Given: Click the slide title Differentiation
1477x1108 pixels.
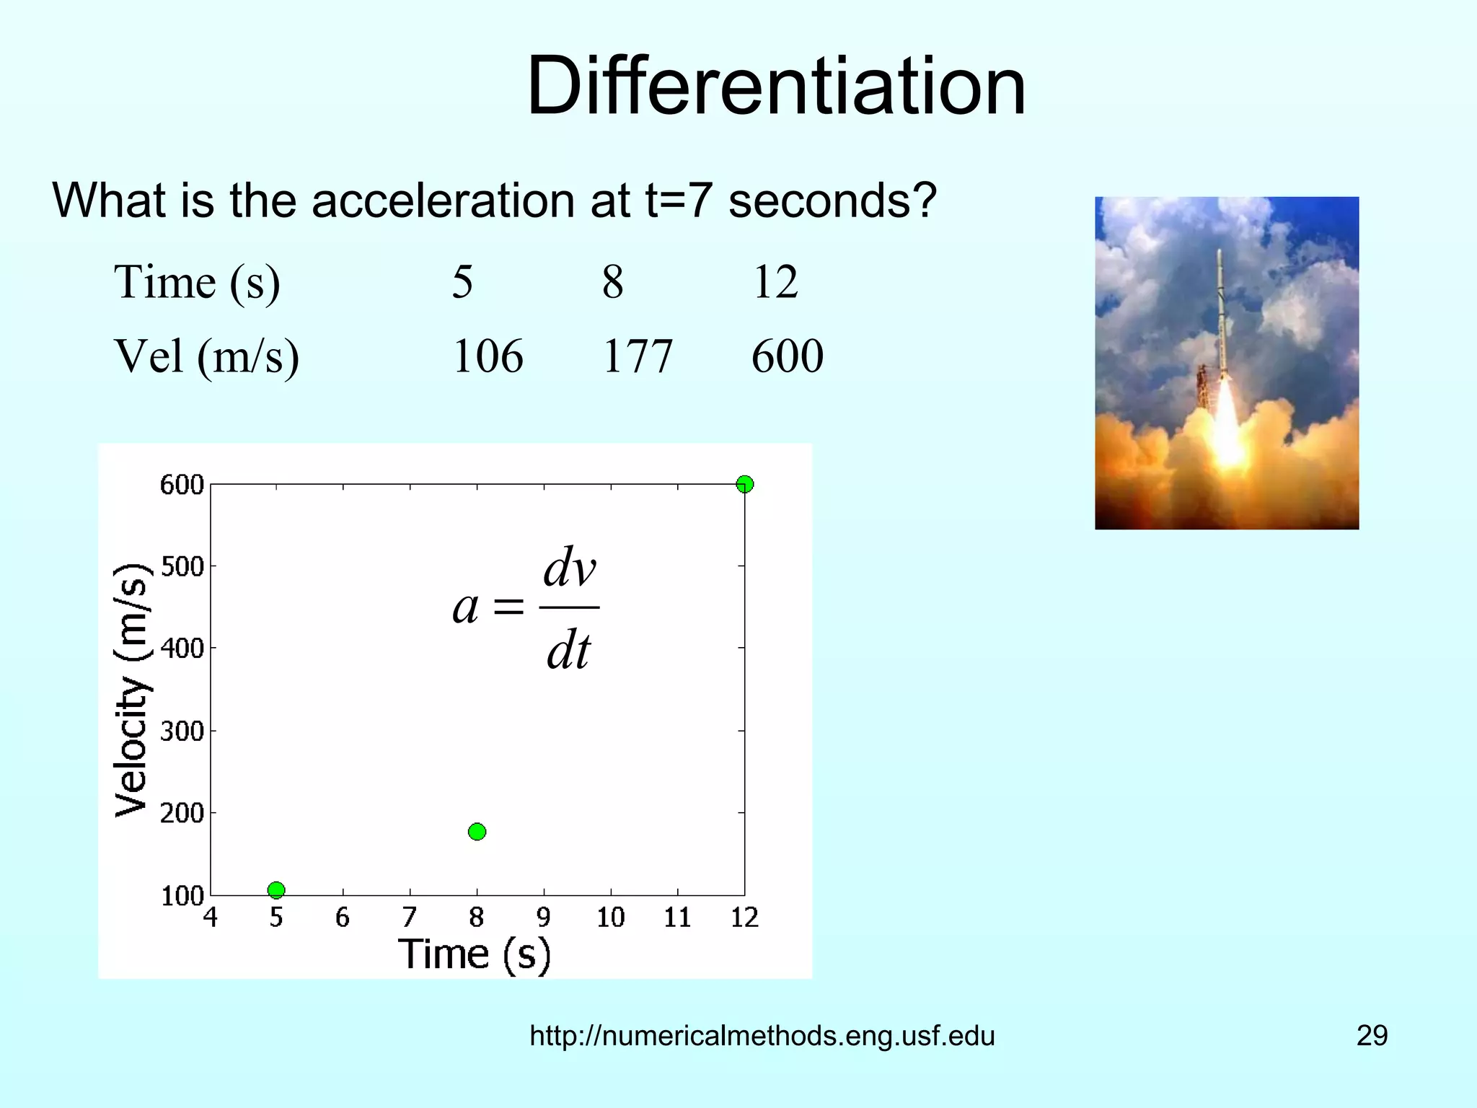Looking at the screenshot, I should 776,87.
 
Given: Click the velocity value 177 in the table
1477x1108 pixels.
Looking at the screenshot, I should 637,356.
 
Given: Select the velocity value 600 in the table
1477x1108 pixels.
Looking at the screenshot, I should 787,356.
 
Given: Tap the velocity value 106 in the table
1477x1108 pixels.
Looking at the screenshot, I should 488,356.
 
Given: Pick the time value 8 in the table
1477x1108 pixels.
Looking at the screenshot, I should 612,282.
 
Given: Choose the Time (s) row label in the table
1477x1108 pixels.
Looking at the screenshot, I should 197,282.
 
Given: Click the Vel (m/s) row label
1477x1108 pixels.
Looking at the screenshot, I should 206,356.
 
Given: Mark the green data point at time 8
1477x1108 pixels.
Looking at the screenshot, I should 477,832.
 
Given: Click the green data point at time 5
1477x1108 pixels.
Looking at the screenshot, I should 276,890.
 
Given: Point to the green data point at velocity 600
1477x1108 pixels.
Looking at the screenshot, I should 745,484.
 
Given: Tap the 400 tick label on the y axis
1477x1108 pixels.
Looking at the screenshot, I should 182,648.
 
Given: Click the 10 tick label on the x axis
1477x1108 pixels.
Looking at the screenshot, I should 610,918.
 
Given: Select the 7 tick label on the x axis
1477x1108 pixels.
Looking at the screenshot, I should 410,918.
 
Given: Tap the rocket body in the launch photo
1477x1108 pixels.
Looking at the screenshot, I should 1220,317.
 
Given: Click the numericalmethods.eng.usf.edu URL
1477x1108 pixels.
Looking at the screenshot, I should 762,1036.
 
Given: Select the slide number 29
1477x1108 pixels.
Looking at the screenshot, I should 1372,1036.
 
